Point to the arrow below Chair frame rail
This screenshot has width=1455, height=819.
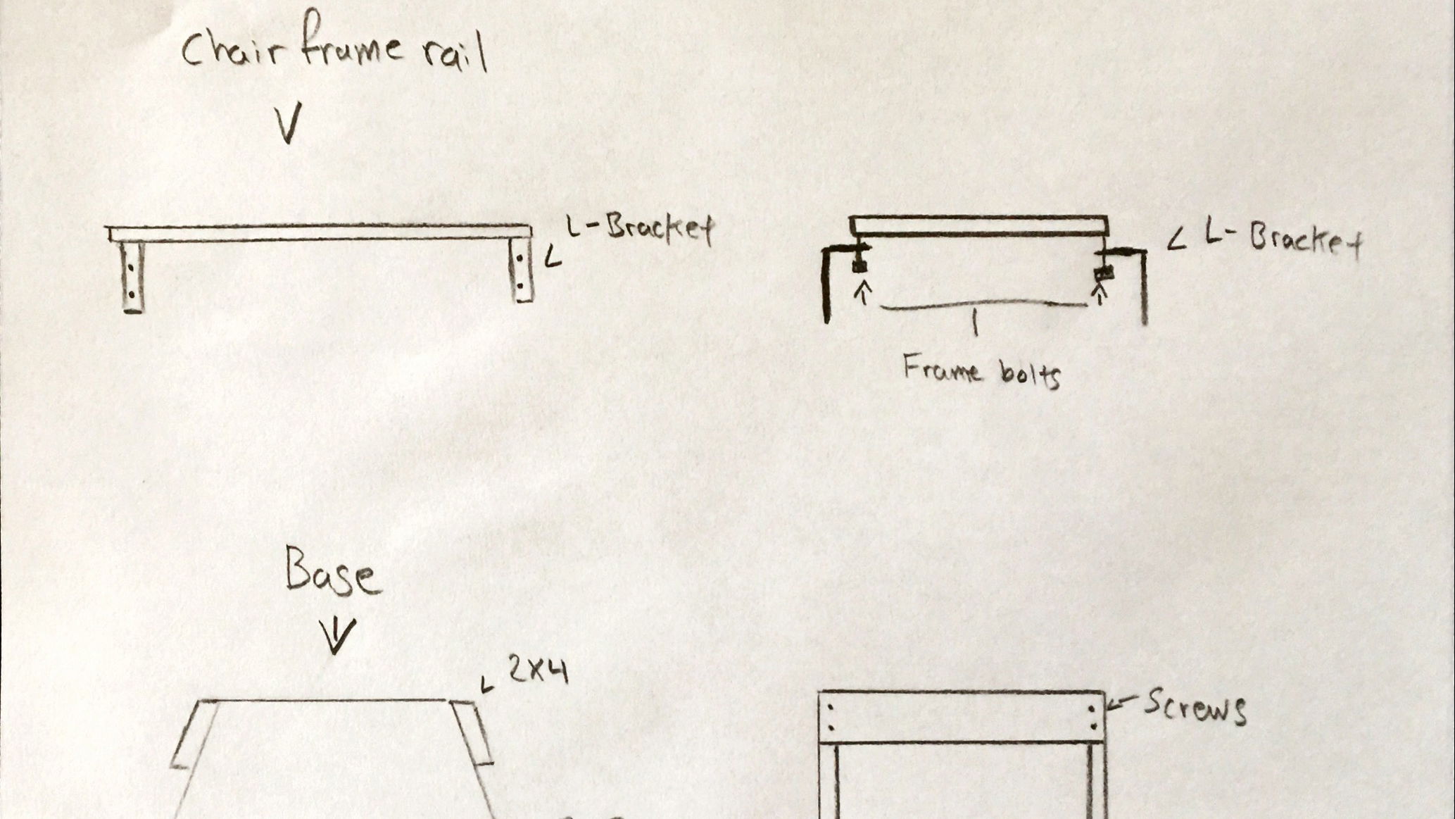click(x=289, y=123)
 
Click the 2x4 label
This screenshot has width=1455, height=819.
click(x=538, y=672)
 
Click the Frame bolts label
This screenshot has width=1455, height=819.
click(x=982, y=371)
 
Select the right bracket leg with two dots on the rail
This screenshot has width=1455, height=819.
click(x=522, y=270)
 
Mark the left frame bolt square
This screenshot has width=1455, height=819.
click(x=858, y=265)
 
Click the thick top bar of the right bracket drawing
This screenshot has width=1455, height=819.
click(x=979, y=226)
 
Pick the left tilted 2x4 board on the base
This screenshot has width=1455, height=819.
click(x=194, y=734)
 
